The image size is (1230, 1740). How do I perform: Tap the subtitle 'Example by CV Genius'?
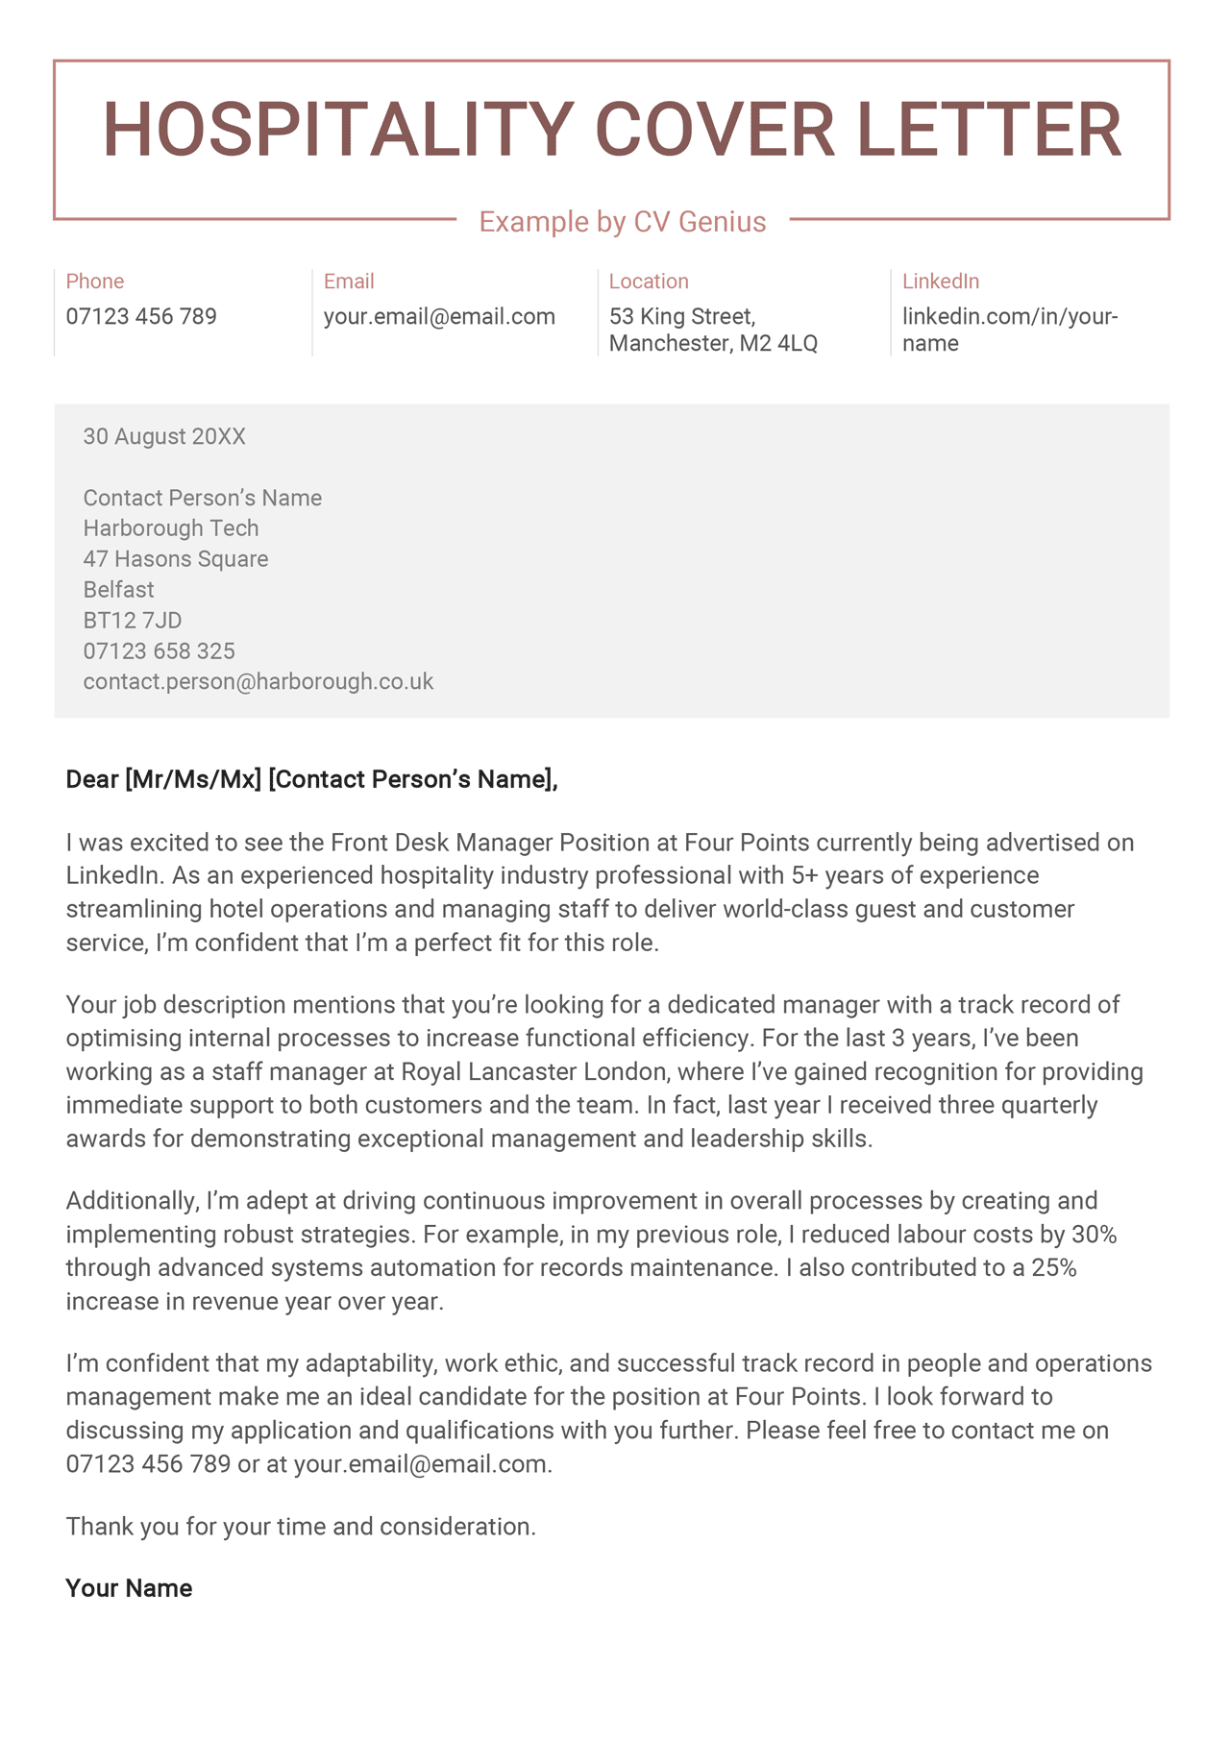(623, 222)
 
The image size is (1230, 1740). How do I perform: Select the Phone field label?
(95, 282)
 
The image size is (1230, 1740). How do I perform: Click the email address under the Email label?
(439, 316)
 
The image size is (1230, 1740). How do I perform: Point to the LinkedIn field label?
(941, 282)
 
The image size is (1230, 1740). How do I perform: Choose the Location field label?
(649, 282)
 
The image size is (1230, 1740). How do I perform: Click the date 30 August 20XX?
(164, 437)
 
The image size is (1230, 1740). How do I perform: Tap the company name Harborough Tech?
(171, 528)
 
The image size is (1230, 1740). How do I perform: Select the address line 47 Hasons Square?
(176, 559)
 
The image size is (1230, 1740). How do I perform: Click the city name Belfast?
(118, 590)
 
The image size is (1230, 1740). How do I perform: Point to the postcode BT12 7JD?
(133, 621)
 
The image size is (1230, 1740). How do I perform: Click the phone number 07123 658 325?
(159, 651)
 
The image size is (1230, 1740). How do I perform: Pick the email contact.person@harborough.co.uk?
(258, 682)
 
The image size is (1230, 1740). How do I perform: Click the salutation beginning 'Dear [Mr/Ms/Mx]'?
(311, 779)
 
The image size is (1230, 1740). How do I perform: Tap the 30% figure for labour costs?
(1095, 1235)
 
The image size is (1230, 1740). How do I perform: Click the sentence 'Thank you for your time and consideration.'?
(301, 1527)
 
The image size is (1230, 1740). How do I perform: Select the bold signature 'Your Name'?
(129, 1588)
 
